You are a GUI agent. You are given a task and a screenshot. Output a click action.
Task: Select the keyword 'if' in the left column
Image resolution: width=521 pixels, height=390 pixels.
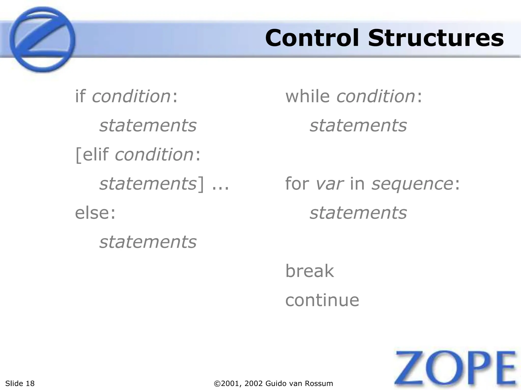coord(80,96)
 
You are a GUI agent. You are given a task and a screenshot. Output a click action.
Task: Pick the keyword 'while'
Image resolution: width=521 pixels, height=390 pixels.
coord(307,96)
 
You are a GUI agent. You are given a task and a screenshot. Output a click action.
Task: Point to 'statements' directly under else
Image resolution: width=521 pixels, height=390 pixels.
coord(148,242)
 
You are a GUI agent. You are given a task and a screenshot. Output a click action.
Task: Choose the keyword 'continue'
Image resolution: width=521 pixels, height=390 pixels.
coord(322,300)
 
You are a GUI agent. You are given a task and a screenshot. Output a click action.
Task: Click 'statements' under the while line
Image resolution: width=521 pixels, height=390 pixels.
coord(358,125)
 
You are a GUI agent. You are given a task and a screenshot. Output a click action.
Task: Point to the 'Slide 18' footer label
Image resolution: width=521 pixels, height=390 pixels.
coord(20,383)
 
